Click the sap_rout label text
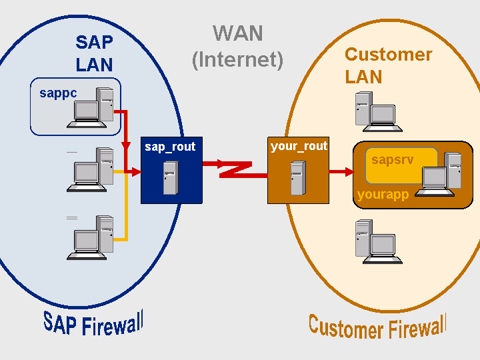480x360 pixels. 170,147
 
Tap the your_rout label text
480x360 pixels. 299,146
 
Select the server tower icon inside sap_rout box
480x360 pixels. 171,178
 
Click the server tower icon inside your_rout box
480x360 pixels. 297,178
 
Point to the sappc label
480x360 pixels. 58,93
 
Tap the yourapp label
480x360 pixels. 383,195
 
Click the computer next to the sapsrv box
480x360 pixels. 440,176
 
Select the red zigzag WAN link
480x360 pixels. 236,169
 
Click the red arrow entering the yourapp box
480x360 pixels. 341,172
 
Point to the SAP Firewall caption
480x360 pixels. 93,323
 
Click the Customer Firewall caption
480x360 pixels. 377,327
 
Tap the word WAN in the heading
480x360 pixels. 238,33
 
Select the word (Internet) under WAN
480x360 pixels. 238,60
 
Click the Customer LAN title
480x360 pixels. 388,65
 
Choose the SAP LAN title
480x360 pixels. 94,53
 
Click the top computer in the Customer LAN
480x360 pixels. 377,111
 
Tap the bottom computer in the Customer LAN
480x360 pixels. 377,242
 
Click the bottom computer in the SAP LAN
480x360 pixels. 92,238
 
